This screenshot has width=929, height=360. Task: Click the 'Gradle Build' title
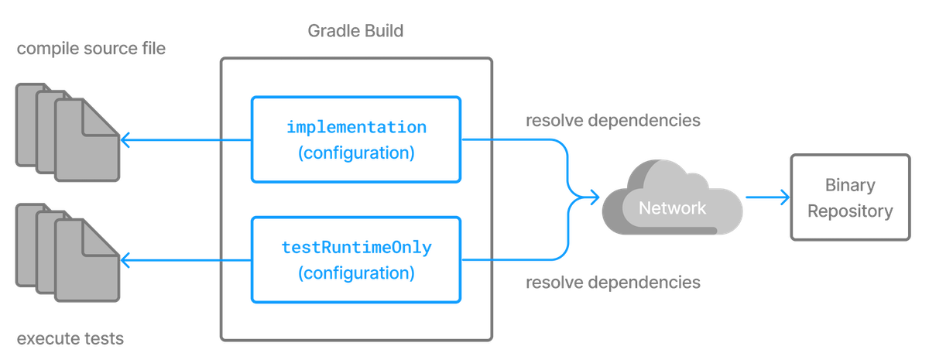point(355,32)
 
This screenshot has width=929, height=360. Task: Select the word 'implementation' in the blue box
point(356,126)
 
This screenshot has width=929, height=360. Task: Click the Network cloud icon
point(672,203)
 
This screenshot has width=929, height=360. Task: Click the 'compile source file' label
point(91,50)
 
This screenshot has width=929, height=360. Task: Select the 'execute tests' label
point(70,339)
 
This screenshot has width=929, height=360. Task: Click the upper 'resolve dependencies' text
point(613,121)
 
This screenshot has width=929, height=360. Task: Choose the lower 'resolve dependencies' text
point(613,283)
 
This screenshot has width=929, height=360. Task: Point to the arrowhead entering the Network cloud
point(595,199)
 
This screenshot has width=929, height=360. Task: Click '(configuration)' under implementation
point(356,153)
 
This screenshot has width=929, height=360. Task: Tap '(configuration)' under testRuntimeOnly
point(356,274)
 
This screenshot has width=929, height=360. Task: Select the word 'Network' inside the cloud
point(672,208)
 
